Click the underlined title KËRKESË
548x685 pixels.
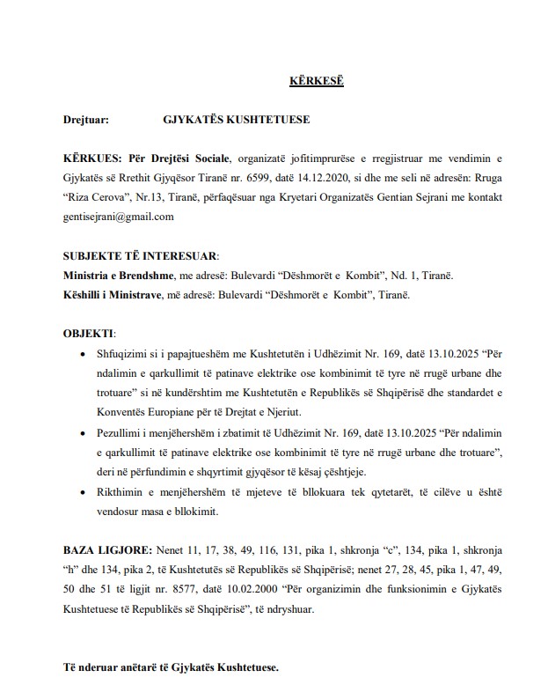point(317,81)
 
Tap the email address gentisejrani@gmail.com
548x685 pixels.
point(118,216)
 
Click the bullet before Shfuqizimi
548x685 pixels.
point(84,353)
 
